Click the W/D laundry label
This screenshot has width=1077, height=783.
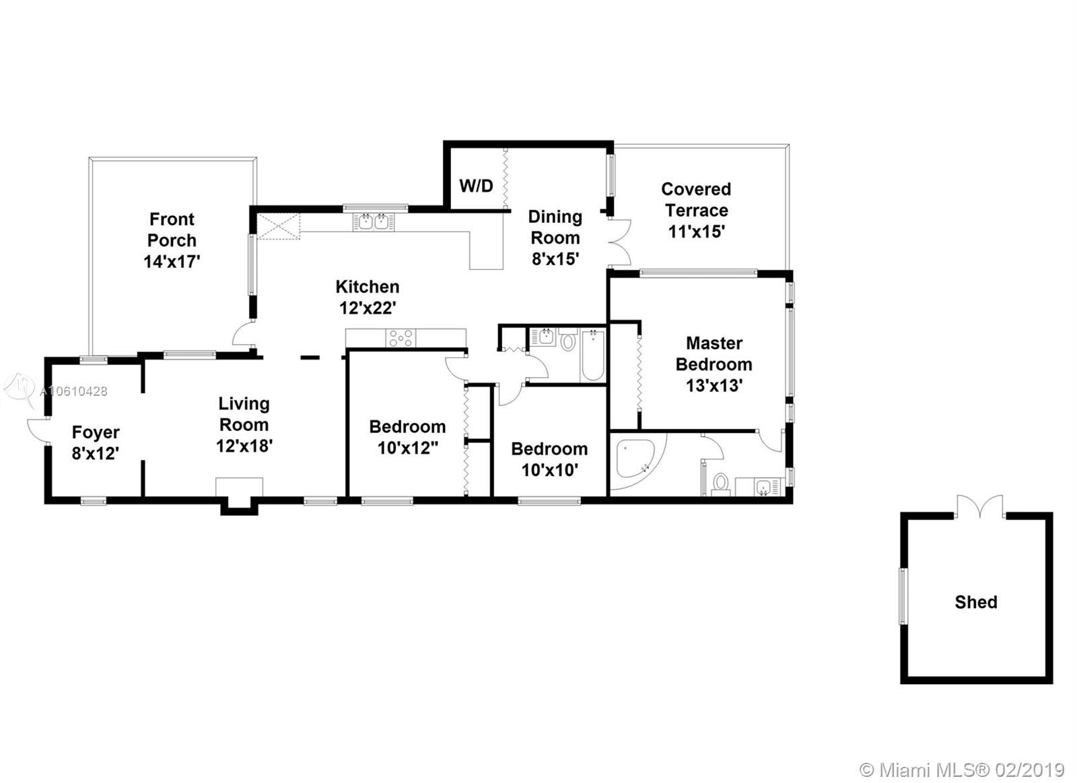pos(476,186)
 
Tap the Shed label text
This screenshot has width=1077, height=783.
pos(976,602)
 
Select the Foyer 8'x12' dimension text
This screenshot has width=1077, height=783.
pos(96,453)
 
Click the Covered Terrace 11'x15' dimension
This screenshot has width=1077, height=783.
pos(696,232)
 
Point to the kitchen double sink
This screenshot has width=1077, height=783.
pos(374,222)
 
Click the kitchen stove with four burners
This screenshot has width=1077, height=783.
pos(401,337)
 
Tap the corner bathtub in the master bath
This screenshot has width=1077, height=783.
pos(635,458)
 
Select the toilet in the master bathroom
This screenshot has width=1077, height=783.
pos(720,484)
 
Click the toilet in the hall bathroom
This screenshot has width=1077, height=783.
pos(568,339)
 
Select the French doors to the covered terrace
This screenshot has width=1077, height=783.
pos(619,242)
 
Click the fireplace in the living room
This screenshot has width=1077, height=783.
pos(239,496)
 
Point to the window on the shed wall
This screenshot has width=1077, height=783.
pos(903,597)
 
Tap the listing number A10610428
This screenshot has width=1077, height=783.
pos(73,392)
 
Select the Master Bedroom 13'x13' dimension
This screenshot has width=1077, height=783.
pos(714,385)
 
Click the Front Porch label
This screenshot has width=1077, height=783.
pos(172,230)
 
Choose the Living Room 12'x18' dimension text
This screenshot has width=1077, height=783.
pos(244,446)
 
